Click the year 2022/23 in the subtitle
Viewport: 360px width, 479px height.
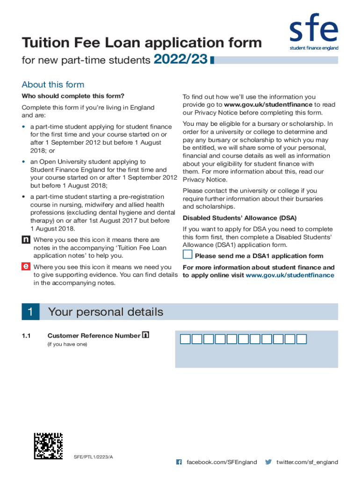point(180,60)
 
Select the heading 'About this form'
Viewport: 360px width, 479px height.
point(53,85)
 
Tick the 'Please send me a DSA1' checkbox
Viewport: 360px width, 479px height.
point(187,255)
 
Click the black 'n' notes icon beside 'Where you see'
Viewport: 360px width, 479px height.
point(26,240)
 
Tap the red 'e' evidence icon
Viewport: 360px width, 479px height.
point(26,267)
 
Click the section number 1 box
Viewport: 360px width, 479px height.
point(30,312)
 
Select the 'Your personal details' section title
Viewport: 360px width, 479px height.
point(106,312)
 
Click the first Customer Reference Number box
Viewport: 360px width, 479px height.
point(186,339)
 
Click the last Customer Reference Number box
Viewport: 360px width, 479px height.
point(302,339)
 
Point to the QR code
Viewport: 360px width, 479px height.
point(48,446)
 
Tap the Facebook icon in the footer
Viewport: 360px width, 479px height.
point(179,462)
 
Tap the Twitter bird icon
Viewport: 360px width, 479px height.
point(268,462)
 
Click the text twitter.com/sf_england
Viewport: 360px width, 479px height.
point(307,462)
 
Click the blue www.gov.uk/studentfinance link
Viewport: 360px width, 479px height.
point(290,275)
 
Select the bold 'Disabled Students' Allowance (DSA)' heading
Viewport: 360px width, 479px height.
point(239,218)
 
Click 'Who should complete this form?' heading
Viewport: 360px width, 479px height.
point(73,96)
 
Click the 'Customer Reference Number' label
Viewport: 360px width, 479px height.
point(94,335)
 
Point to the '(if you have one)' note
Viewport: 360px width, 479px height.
point(67,345)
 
